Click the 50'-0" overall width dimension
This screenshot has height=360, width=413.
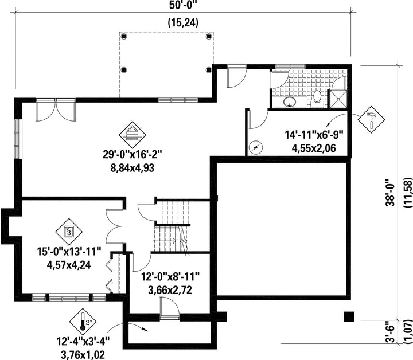(183, 5)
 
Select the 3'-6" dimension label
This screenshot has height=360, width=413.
(391, 331)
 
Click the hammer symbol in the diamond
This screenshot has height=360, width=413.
(371, 119)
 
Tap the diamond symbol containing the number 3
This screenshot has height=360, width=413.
(69, 232)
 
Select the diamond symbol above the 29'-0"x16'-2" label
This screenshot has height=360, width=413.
(133, 135)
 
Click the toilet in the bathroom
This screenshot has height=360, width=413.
(317, 100)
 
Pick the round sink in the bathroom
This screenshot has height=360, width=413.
(290, 101)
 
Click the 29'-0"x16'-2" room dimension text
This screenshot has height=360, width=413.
(132, 154)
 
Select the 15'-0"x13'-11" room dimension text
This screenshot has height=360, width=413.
(69, 252)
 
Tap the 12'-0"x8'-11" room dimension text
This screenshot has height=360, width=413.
(170, 277)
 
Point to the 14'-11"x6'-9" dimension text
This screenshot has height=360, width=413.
(314, 135)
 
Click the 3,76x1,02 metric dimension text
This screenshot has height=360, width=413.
(83, 355)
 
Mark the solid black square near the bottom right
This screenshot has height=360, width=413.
(349, 316)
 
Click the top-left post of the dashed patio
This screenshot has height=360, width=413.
(124, 36)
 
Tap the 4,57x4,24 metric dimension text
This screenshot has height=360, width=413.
(69, 265)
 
